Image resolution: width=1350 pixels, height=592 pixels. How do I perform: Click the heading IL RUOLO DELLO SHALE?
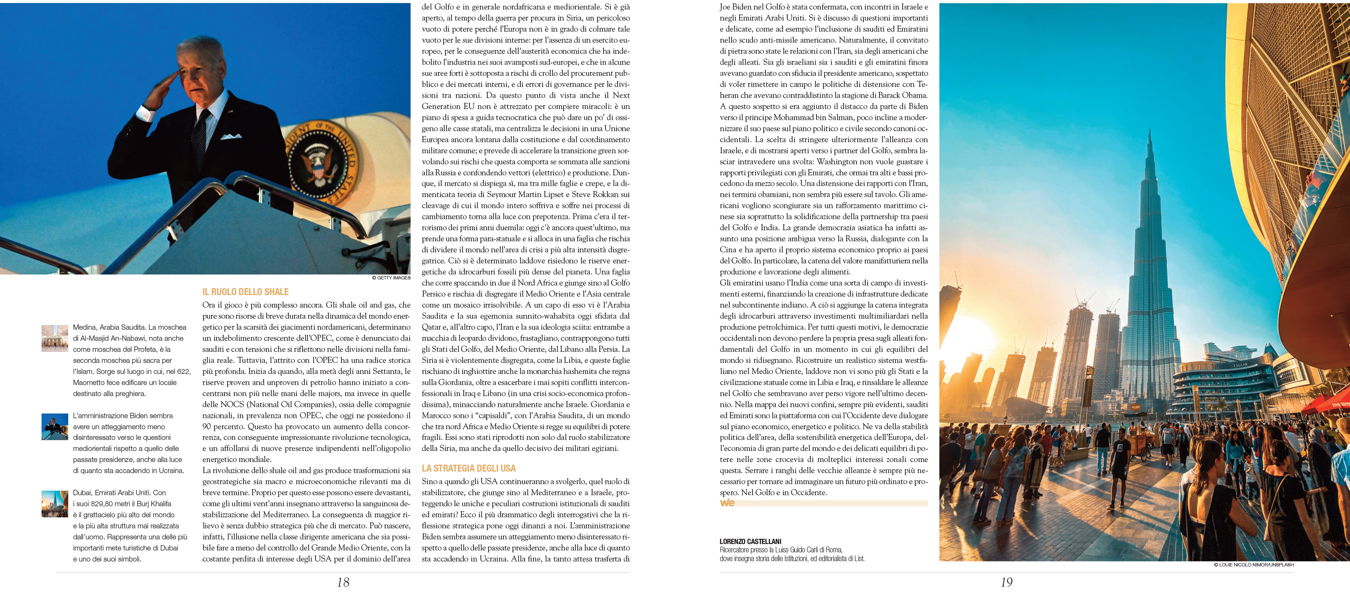tap(245, 292)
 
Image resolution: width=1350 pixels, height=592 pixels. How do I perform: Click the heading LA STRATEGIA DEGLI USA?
tap(469, 468)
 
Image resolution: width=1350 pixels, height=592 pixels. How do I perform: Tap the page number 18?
tap(343, 582)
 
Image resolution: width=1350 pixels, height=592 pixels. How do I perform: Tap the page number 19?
tap(1006, 582)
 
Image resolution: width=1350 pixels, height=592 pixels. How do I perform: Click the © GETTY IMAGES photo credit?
tap(391, 278)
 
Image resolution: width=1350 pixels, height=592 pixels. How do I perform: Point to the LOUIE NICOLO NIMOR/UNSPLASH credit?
tap(1254, 565)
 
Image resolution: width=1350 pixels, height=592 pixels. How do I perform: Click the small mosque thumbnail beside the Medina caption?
tap(54, 338)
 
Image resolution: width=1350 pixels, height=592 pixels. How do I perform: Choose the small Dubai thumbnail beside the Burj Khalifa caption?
tap(54, 504)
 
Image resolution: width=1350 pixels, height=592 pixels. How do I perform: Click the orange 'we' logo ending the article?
tap(727, 503)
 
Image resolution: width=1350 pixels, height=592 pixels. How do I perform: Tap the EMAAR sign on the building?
tap(1240, 364)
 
